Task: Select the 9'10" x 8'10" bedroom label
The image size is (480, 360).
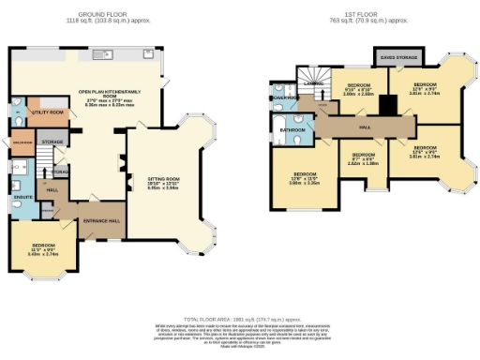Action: coord(357,86)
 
